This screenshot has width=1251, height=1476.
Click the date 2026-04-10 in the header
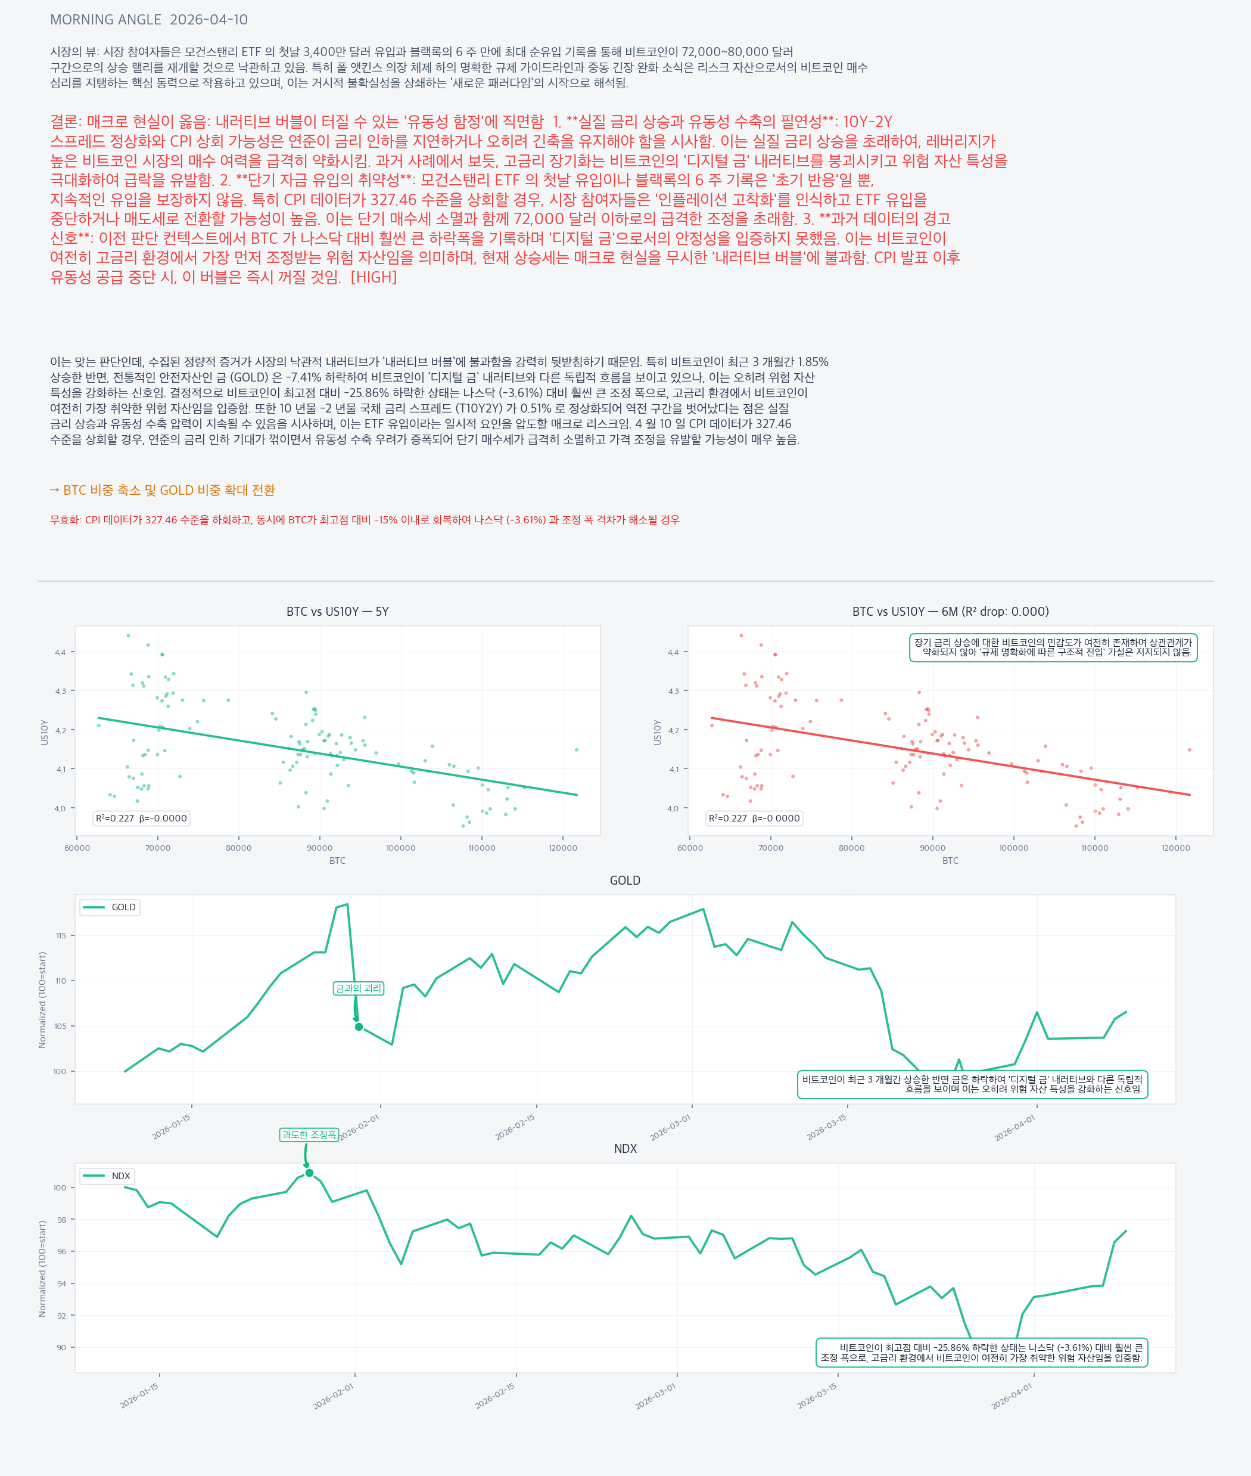(208, 20)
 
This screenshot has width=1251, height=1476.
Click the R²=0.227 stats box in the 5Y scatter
(141, 818)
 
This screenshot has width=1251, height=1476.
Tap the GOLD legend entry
(110, 907)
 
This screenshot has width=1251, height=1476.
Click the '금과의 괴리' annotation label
(358, 988)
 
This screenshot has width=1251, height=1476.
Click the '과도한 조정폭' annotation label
(309, 1134)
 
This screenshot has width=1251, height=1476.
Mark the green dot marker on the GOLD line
(359, 1027)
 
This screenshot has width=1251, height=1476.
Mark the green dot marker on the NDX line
(309, 1173)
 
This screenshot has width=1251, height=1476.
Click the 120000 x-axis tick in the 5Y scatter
(562, 848)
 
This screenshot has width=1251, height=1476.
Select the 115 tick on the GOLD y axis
(61, 935)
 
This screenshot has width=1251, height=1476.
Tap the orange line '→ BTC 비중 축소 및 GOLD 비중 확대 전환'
(163, 491)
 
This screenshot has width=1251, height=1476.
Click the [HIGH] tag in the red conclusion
(374, 277)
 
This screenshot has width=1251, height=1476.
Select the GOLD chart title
(625, 880)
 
